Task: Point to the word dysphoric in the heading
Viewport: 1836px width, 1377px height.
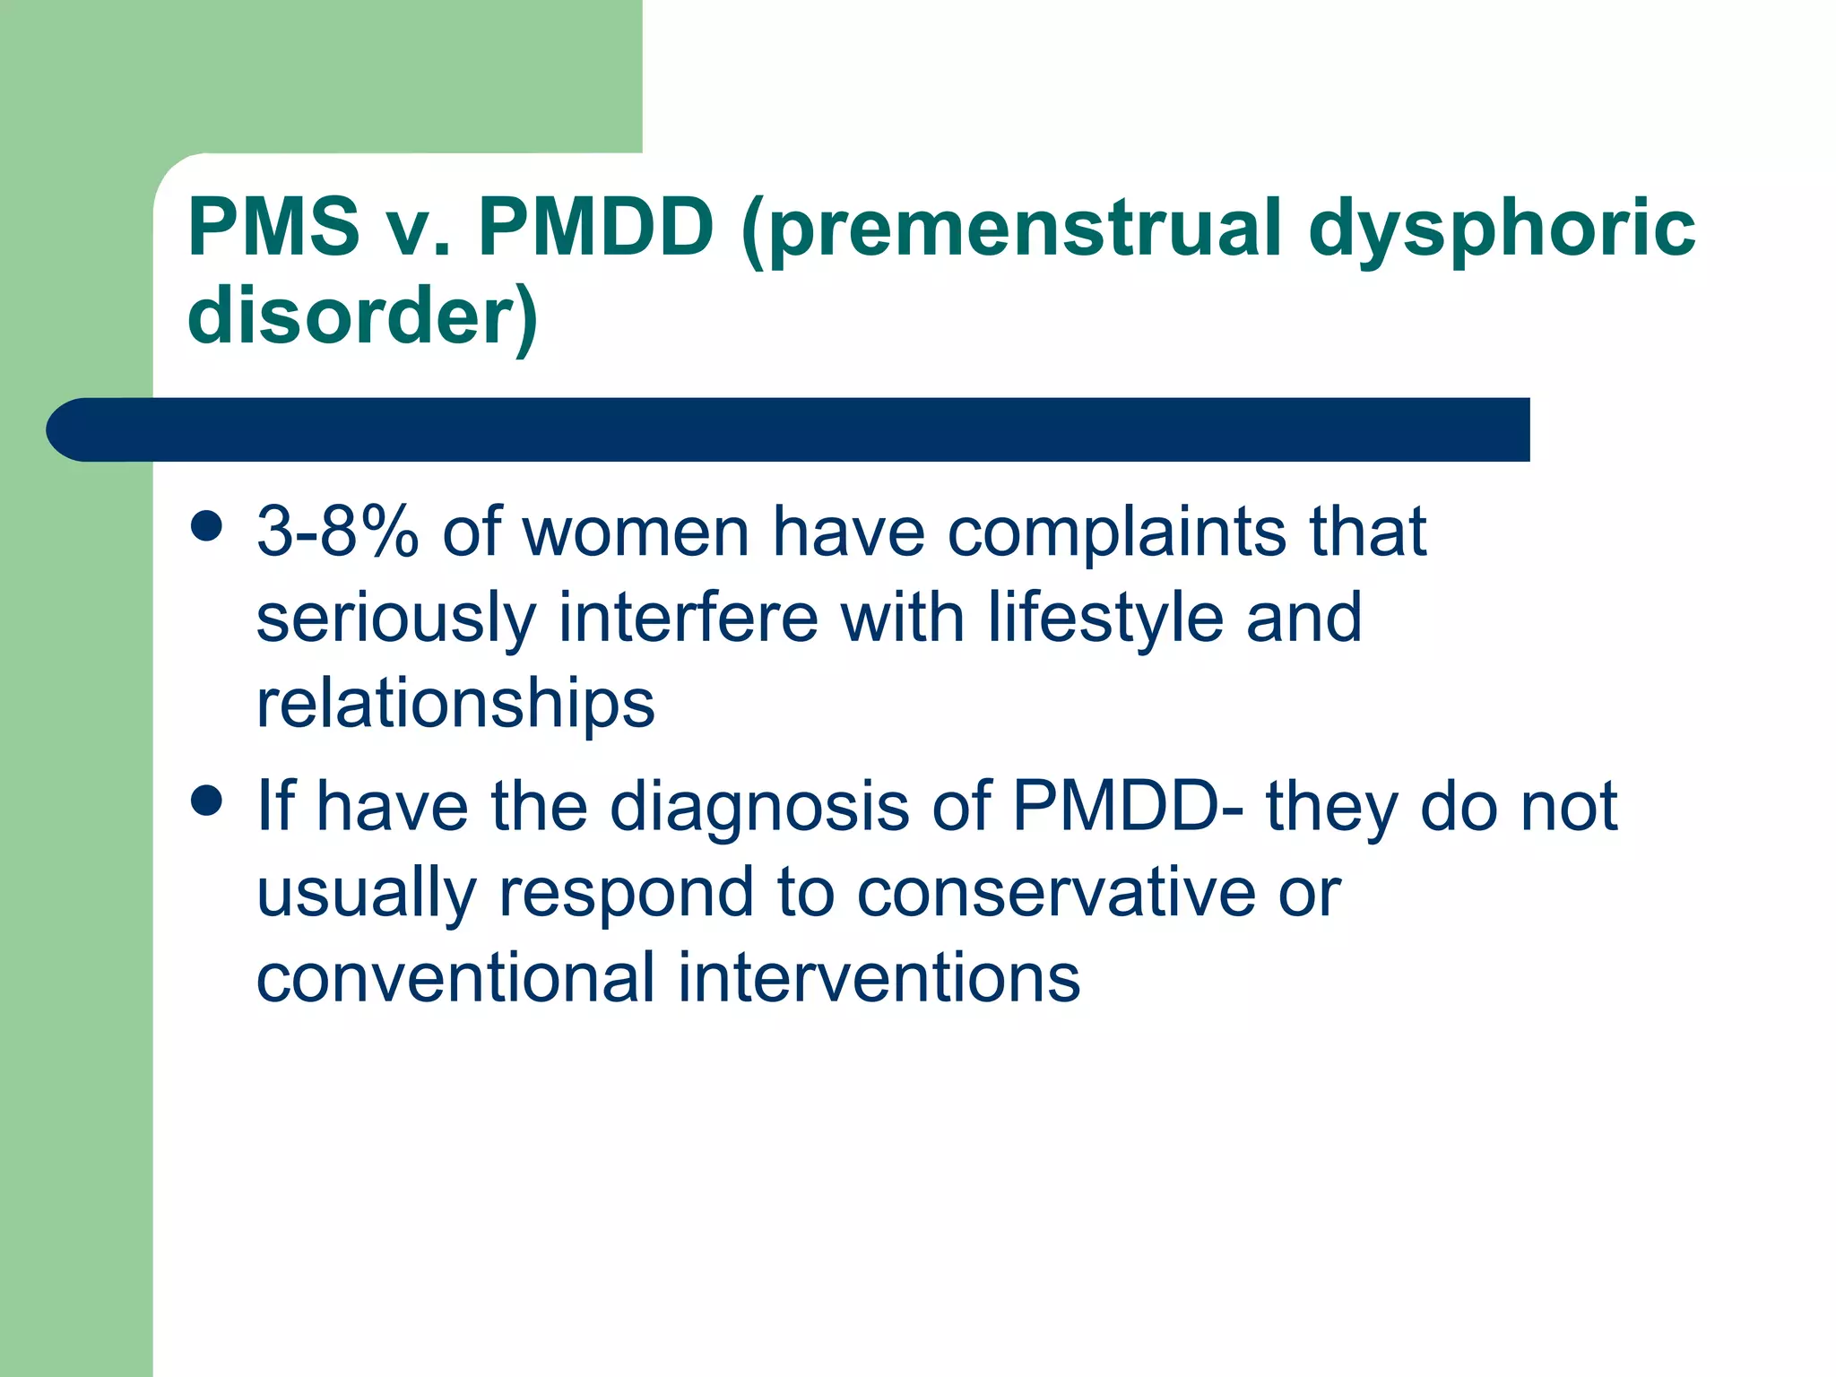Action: coord(1502,229)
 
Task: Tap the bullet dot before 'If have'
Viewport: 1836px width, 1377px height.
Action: coord(207,801)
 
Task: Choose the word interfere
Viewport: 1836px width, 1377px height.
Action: coord(688,619)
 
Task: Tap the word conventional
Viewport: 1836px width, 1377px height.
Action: coord(455,978)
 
